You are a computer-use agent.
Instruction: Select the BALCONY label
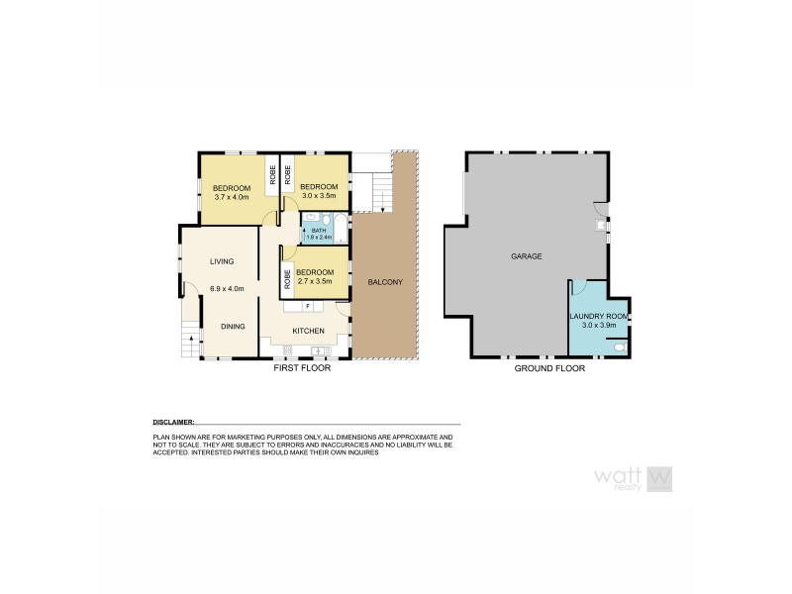pyautogui.click(x=385, y=281)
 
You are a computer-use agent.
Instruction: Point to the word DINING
pyautogui.click(x=233, y=327)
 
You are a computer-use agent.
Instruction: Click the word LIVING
pyautogui.click(x=221, y=261)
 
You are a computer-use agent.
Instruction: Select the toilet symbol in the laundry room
pyautogui.click(x=619, y=346)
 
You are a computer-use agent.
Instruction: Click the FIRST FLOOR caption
pyautogui.click(x=302, y=367)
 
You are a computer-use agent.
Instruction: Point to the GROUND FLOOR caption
pyautogui.click(x=548, y=367)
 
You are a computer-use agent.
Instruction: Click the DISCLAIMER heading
pyautogui.click(x=173, y=421)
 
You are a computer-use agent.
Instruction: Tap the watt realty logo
pyautogui.click(x=632, y=478)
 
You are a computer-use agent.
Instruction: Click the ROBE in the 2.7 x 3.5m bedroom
pyautogui.click(x=288, y=278)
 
